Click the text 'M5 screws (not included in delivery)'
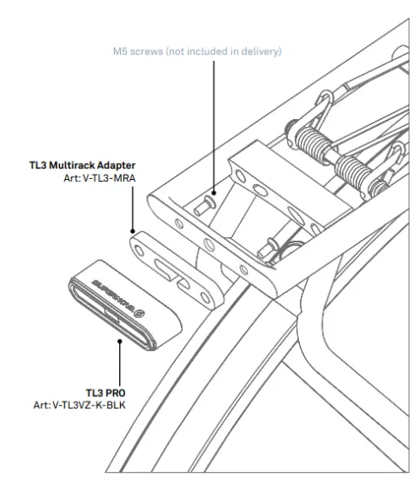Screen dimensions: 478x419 [197, 52]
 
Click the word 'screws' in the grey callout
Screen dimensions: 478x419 [144, 52]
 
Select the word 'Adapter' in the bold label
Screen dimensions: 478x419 [115, 164]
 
